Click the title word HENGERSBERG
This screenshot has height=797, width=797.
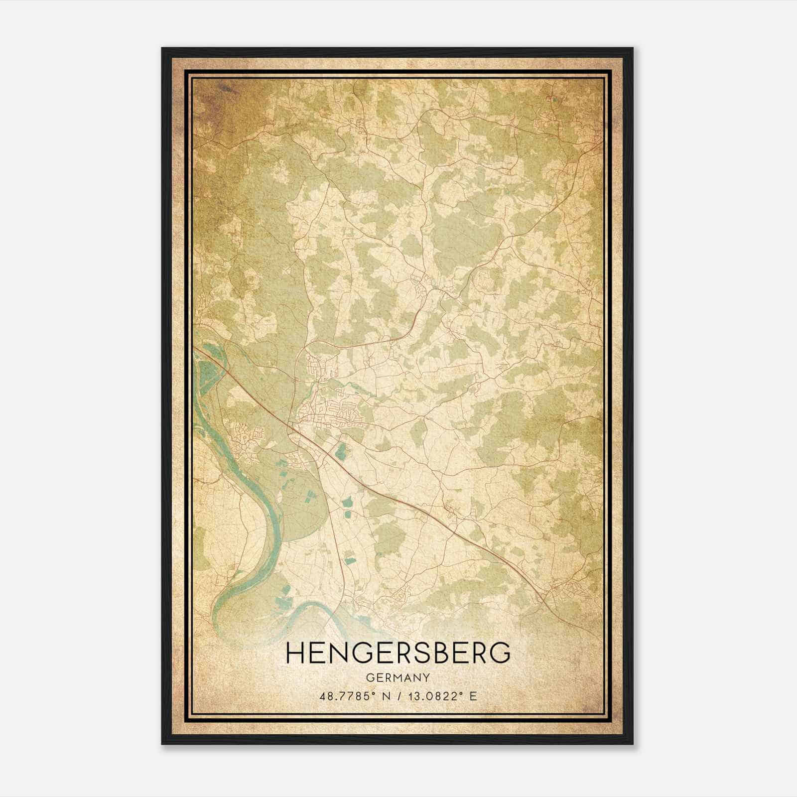pos(398,653)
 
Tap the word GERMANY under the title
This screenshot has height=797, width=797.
pos(398,677)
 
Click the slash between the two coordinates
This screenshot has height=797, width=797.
pos(395,696)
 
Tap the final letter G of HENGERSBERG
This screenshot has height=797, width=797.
pos(501,653)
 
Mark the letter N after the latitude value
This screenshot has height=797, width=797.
pos(383,696)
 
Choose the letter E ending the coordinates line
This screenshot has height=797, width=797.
pos(473,696)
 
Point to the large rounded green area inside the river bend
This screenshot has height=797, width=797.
pos(299,498)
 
